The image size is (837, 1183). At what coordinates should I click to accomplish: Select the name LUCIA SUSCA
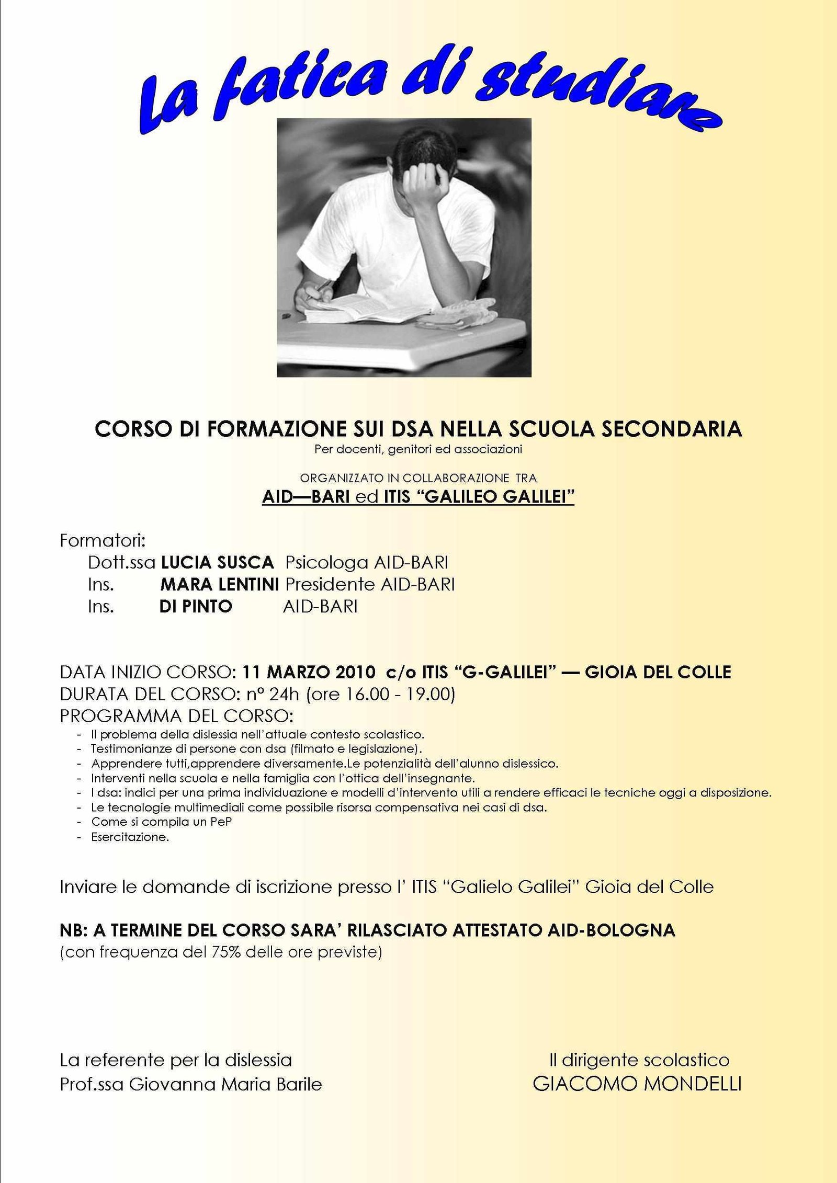click(x=217, y=563)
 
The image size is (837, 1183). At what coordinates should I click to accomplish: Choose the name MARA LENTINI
click(x=219, y=584)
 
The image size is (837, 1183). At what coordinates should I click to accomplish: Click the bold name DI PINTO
click(x=196, y=607)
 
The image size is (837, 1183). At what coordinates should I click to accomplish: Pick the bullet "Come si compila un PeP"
click(x=161, y=822)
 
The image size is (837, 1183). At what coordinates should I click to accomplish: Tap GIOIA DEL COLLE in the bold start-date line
click(x=658, y=672)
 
